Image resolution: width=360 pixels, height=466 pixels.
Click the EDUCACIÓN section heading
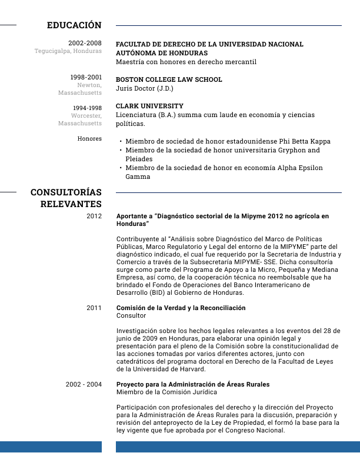tap(74, 25)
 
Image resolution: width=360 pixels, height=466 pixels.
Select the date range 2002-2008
tap(85, 43)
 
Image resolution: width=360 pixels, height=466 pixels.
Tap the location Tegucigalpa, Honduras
tap(68, 51)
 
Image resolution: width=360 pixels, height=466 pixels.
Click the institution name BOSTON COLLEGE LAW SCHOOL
tap(169, 79)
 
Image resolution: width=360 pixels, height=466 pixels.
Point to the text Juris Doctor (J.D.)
tap(145, 88)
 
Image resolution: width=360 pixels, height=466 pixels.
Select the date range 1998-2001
tap(86, 77)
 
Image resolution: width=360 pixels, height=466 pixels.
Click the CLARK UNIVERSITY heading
tap(149, 106)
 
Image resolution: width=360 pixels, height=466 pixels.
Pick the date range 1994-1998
tap(87, 108)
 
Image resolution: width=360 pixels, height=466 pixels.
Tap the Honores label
tap(89, 139)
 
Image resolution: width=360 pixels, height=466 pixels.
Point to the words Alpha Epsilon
tap(298, 168)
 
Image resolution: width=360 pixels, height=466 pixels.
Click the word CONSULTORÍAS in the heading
tap(66, 192)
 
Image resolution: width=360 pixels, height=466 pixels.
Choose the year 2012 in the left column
tap(94, 217)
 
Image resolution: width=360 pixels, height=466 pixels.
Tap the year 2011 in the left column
tap(94, 308)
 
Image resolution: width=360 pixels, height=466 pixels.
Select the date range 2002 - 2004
tap(84, 384)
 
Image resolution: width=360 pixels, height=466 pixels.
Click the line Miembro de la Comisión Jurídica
tap(166, 392)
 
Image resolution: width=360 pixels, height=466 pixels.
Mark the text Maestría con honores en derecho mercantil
tap(186, 62)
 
